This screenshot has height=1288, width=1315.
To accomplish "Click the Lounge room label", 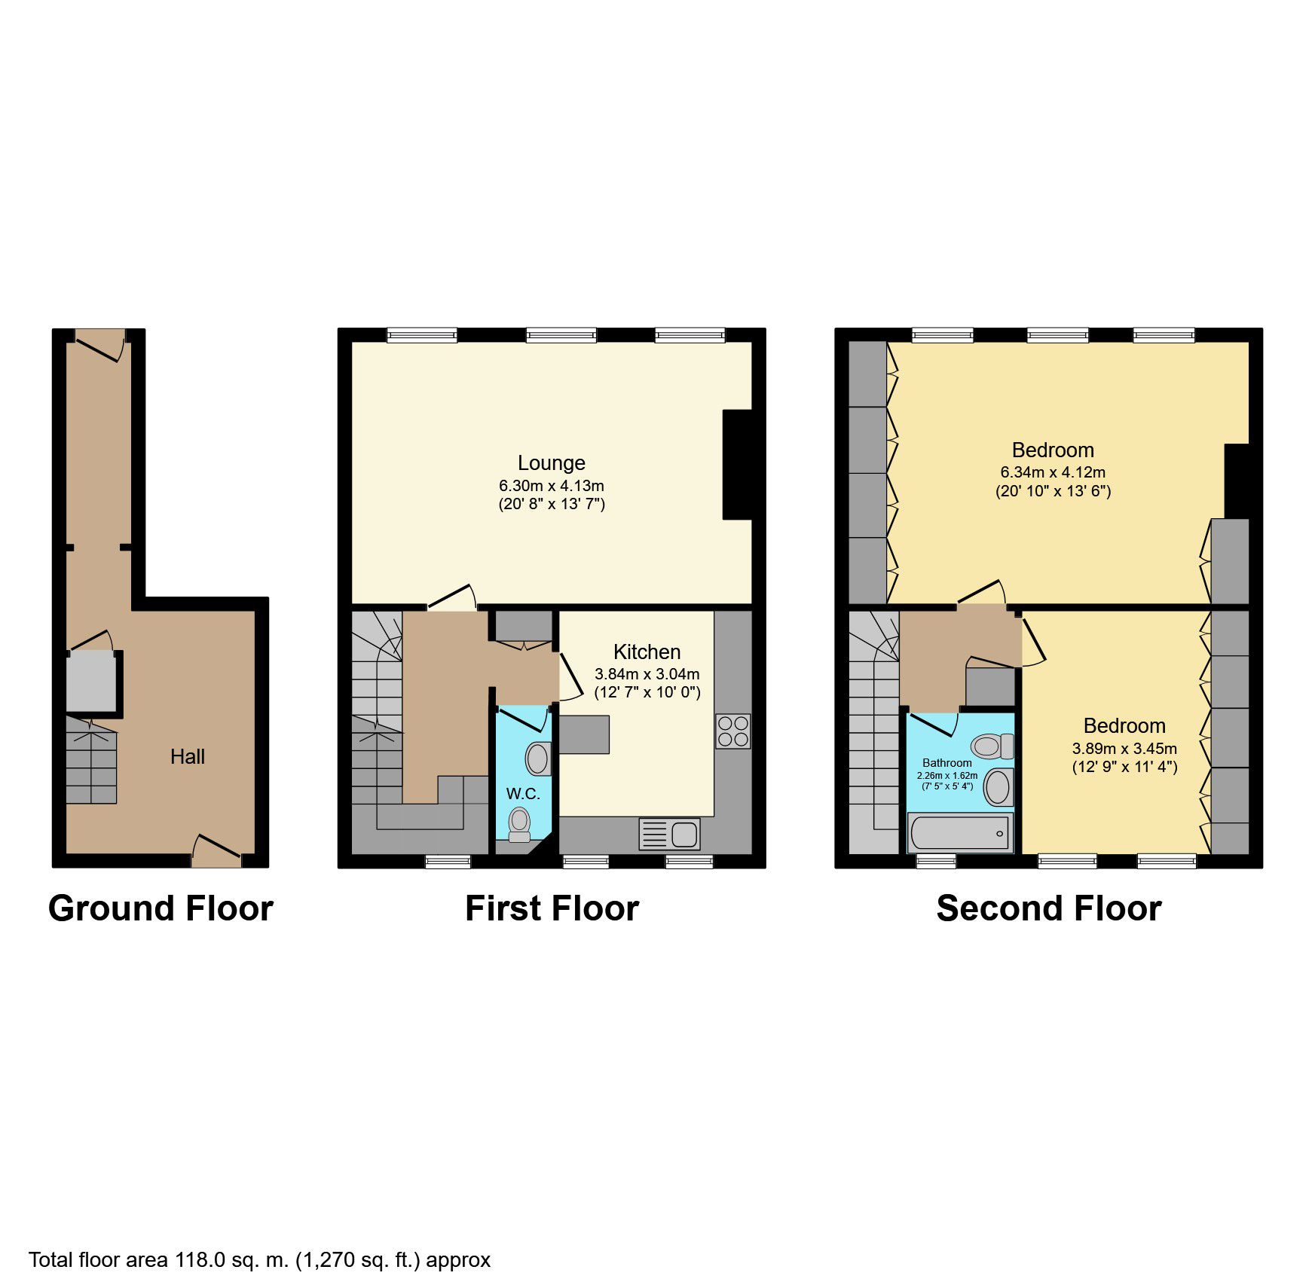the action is coord(551,462).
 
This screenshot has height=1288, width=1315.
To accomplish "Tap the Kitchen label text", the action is coord(647,652).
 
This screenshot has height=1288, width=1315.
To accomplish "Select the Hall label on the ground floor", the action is coord(188,756).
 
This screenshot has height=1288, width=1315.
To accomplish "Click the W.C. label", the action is coord(523,793).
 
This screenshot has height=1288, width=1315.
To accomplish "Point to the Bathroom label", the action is coord(947,763).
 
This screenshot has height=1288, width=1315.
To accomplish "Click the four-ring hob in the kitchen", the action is coord(733,731).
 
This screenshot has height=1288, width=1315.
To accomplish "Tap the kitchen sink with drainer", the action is coord(669,835).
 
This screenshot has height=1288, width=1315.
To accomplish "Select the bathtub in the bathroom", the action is coord(960,833).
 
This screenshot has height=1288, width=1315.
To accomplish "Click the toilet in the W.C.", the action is coord(519,824).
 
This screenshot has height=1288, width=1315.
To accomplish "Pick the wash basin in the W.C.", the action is coord(538,758).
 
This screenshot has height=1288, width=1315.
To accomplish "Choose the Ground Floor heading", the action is coord(161,908).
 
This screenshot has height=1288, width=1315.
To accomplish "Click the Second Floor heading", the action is coord(1049,908).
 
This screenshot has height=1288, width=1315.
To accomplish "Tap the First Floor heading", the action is coord(552,908).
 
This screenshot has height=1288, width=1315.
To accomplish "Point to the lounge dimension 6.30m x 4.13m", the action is coord(551,486).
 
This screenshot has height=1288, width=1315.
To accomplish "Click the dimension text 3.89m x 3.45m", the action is coord(1124,749).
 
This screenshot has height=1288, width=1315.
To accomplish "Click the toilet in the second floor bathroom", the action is coord(992,746).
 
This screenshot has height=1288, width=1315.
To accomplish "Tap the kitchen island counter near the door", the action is coord(583,734).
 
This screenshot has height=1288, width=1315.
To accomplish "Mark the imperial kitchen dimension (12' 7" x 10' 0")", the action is coord(647,692).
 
